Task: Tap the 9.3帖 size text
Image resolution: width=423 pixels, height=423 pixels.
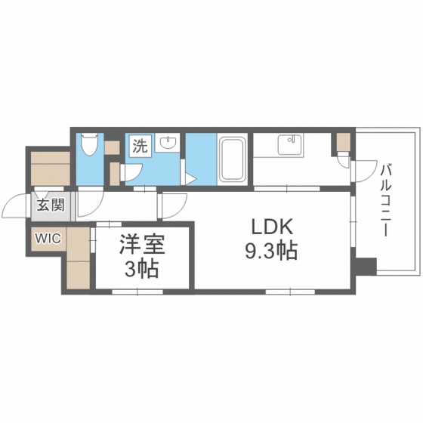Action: (x=270, y=251)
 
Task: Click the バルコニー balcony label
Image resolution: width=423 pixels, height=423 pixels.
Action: (x=386, y=199)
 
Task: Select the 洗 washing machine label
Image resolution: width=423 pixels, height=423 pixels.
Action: (x=140, y=146)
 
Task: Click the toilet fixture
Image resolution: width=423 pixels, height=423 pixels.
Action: (x=89, y=144)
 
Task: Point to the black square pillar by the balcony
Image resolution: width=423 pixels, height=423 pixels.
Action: (x=366, y=267)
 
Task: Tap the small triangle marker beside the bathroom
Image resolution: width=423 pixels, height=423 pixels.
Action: (x=191, y=178)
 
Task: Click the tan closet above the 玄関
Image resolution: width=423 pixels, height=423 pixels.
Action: (x=51, y=168)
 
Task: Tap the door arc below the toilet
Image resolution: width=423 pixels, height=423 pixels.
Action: (x=89, y=202)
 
